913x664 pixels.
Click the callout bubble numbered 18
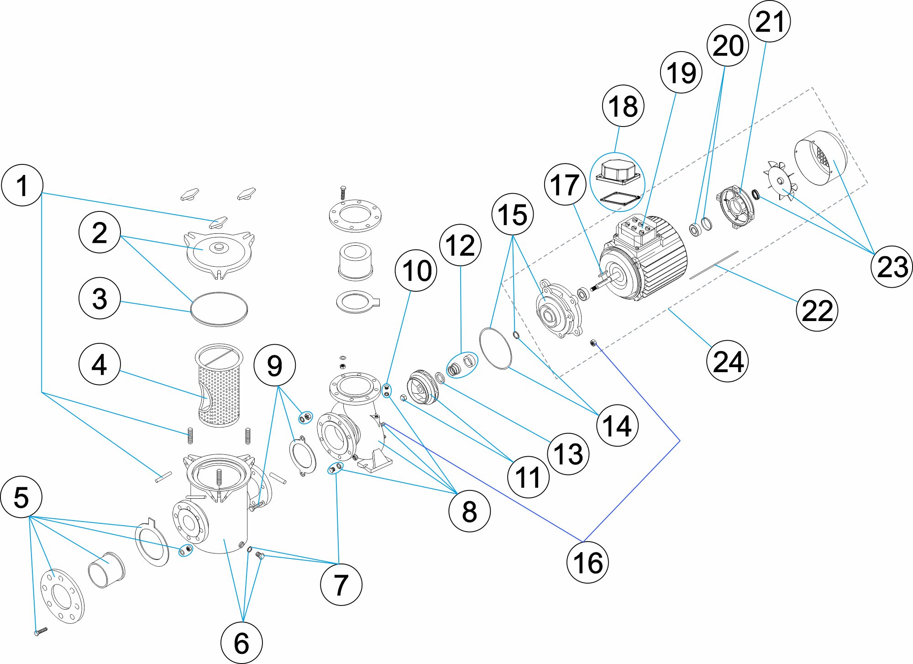(x=623, y=106)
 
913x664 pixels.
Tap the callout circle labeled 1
(x=22, y=185)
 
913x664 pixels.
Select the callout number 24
(x=728, y=361)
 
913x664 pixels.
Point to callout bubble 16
(x=588, y=562)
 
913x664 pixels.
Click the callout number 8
(x=469, y=511)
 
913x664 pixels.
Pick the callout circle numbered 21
(x=770, y=21)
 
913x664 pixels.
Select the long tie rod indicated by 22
(x=714, y=265)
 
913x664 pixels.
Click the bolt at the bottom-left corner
(x=40, y=631)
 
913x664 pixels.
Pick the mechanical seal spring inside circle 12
(x=453, y=369)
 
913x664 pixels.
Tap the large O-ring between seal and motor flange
(x=495, y=348)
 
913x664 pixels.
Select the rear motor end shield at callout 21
(x=736, y=206)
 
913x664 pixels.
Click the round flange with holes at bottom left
(x=63, y=596)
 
